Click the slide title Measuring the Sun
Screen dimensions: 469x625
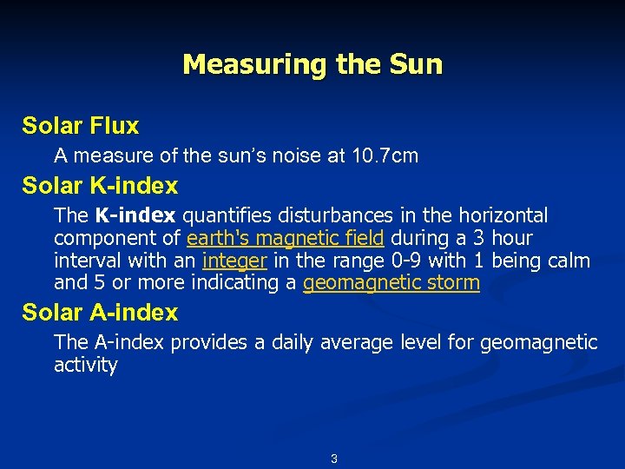coord(312,65)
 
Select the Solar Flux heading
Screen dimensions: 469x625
coord(81,126)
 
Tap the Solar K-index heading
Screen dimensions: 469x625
coord(100,186)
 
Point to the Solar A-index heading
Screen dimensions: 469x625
coord(100,313)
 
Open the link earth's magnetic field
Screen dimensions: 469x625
coord(285,238)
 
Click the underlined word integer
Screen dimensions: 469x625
coord(234,261)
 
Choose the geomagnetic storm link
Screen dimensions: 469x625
coord(391,283)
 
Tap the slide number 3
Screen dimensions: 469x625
coord(334,459)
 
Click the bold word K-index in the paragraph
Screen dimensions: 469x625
coord(135,215)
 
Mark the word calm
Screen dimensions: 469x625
coord(568,261)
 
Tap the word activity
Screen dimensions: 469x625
coord(85,365)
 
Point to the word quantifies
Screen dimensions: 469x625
coord(225,215)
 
